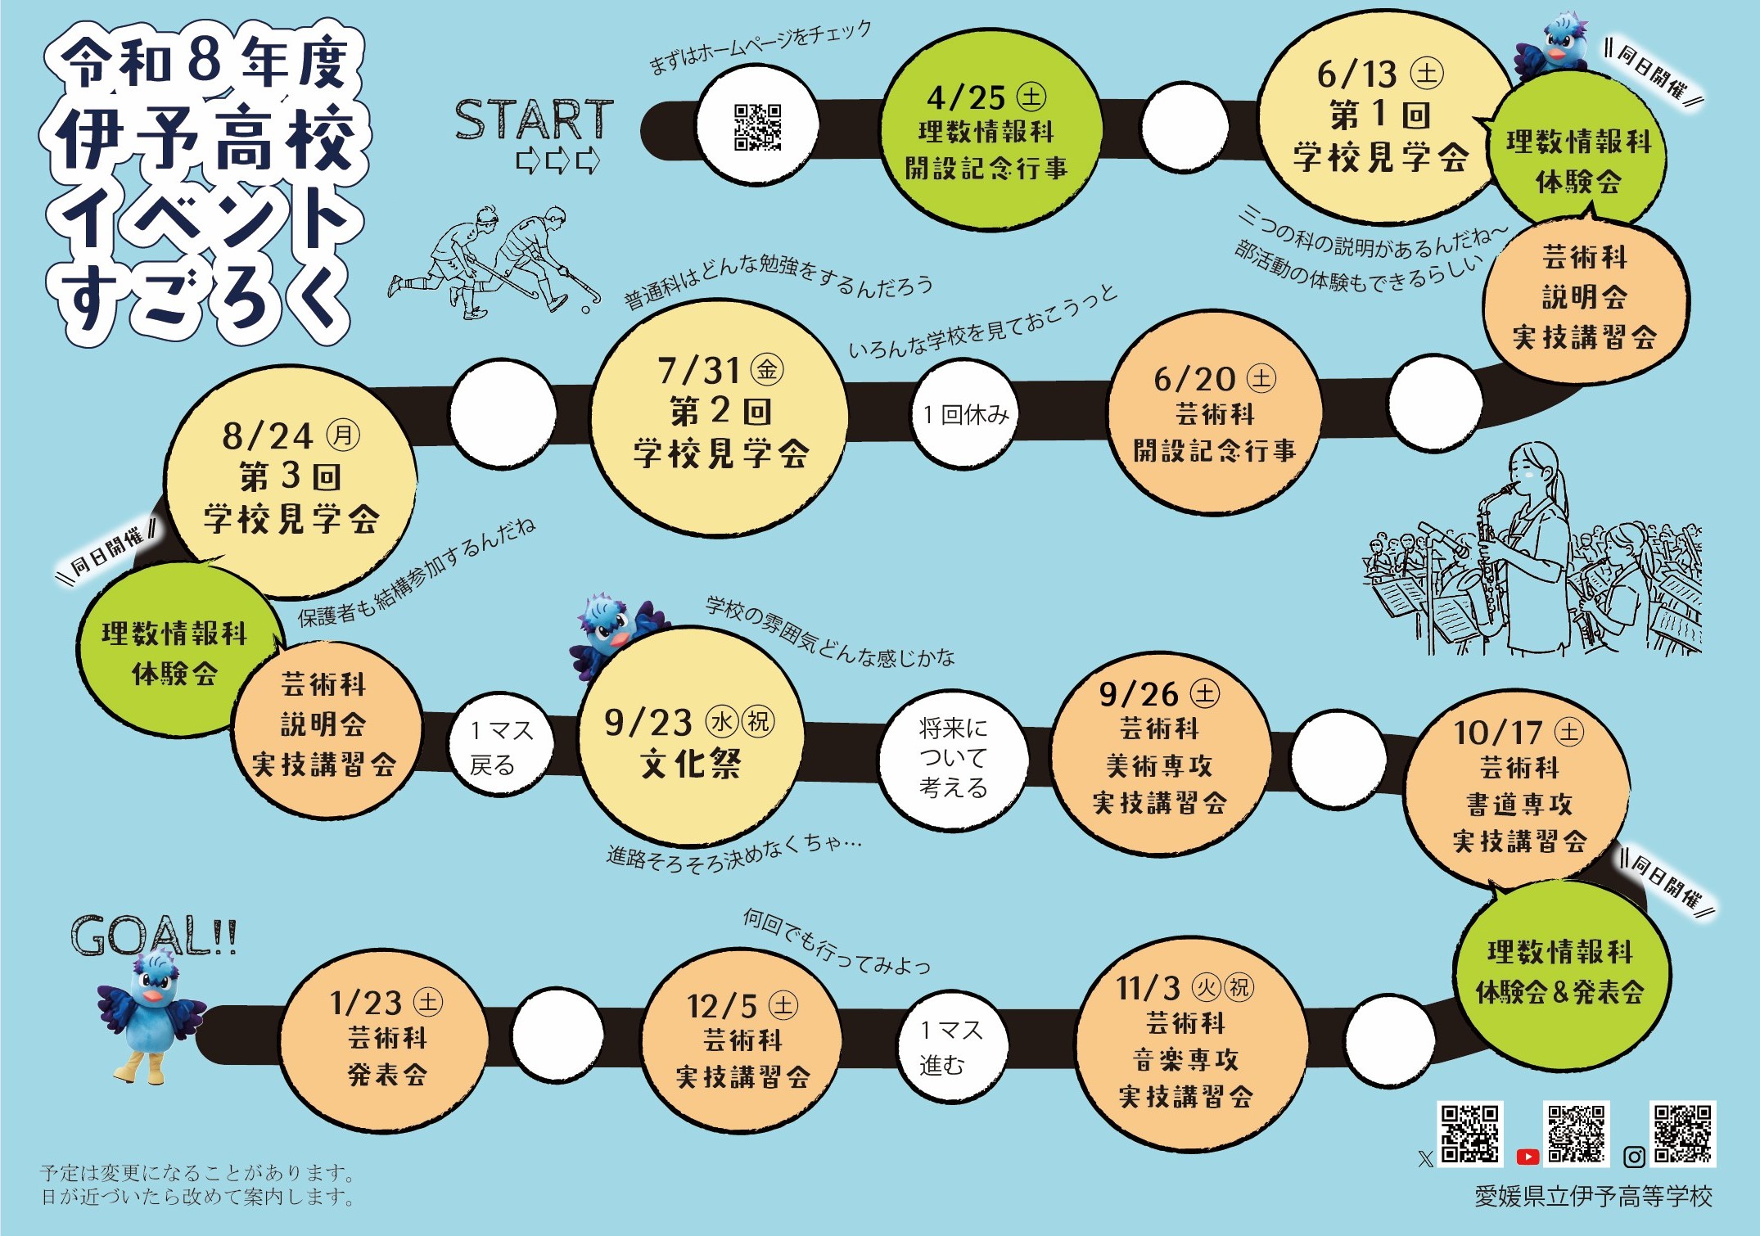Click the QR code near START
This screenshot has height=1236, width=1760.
click(x=757, y=127)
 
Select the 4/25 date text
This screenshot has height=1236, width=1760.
click(x=966, y=98)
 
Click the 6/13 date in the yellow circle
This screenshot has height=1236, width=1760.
click(x=1356, y=74)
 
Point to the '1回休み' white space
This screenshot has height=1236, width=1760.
click(x=965, y=415)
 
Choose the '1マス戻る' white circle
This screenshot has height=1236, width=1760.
click(x=501, y=746)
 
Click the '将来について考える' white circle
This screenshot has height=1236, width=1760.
click(x=954, y=758)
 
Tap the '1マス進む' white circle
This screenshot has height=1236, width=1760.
click(x=952, y=1047)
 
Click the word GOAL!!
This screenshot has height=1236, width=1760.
click(x=154, y=936)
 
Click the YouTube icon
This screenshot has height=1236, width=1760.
click(x=1527, y=1157)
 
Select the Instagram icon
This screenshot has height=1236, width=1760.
click(x=1634, y=1157)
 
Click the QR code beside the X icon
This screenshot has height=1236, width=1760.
click(x=1470, y=1134)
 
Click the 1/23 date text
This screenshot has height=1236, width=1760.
click(x=366, y=1003)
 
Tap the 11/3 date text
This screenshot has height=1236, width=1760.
click(x=1148, y=989)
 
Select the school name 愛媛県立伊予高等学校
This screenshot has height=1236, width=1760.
click(x=1593, y=1197)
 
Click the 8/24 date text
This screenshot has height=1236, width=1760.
click(x=268, y=436)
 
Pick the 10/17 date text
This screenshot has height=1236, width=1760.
click(x=1498, y=733)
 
